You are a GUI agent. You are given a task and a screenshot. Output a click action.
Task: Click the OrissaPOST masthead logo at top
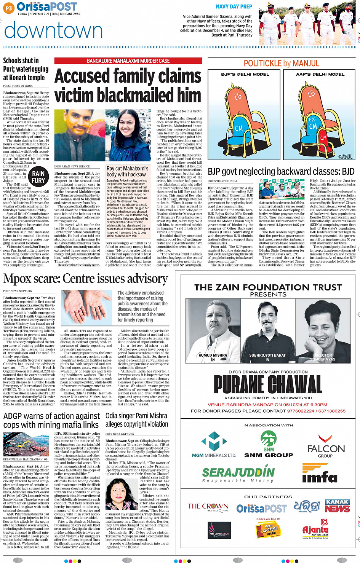click(x=46, y=7)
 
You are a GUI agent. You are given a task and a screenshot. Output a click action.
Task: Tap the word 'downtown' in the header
click(x=53, y=30)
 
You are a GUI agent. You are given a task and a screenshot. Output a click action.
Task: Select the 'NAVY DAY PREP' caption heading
click(x=234, y=6)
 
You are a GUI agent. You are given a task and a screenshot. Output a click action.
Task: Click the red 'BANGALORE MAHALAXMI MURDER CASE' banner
click(x=128, y=61)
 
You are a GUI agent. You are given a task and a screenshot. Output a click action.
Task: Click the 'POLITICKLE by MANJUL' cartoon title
click(x=282, y=63)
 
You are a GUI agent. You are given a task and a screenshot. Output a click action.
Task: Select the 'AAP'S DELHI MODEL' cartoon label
click(x=320, y=74)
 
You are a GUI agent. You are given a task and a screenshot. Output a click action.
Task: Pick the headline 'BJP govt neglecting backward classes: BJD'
click(x=281, y=172)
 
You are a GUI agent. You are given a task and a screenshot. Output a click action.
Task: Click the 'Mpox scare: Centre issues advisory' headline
click(x=86, y=279)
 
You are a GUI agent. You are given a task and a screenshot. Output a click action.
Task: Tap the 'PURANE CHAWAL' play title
click(x=268, y=384)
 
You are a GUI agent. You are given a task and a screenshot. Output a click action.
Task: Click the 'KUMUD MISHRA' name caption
click(x=213, y=355)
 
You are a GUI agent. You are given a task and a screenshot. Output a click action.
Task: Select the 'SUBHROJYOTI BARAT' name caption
click(x=267, y=355)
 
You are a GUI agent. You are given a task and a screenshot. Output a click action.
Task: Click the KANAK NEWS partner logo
click(x=338, y=506)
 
